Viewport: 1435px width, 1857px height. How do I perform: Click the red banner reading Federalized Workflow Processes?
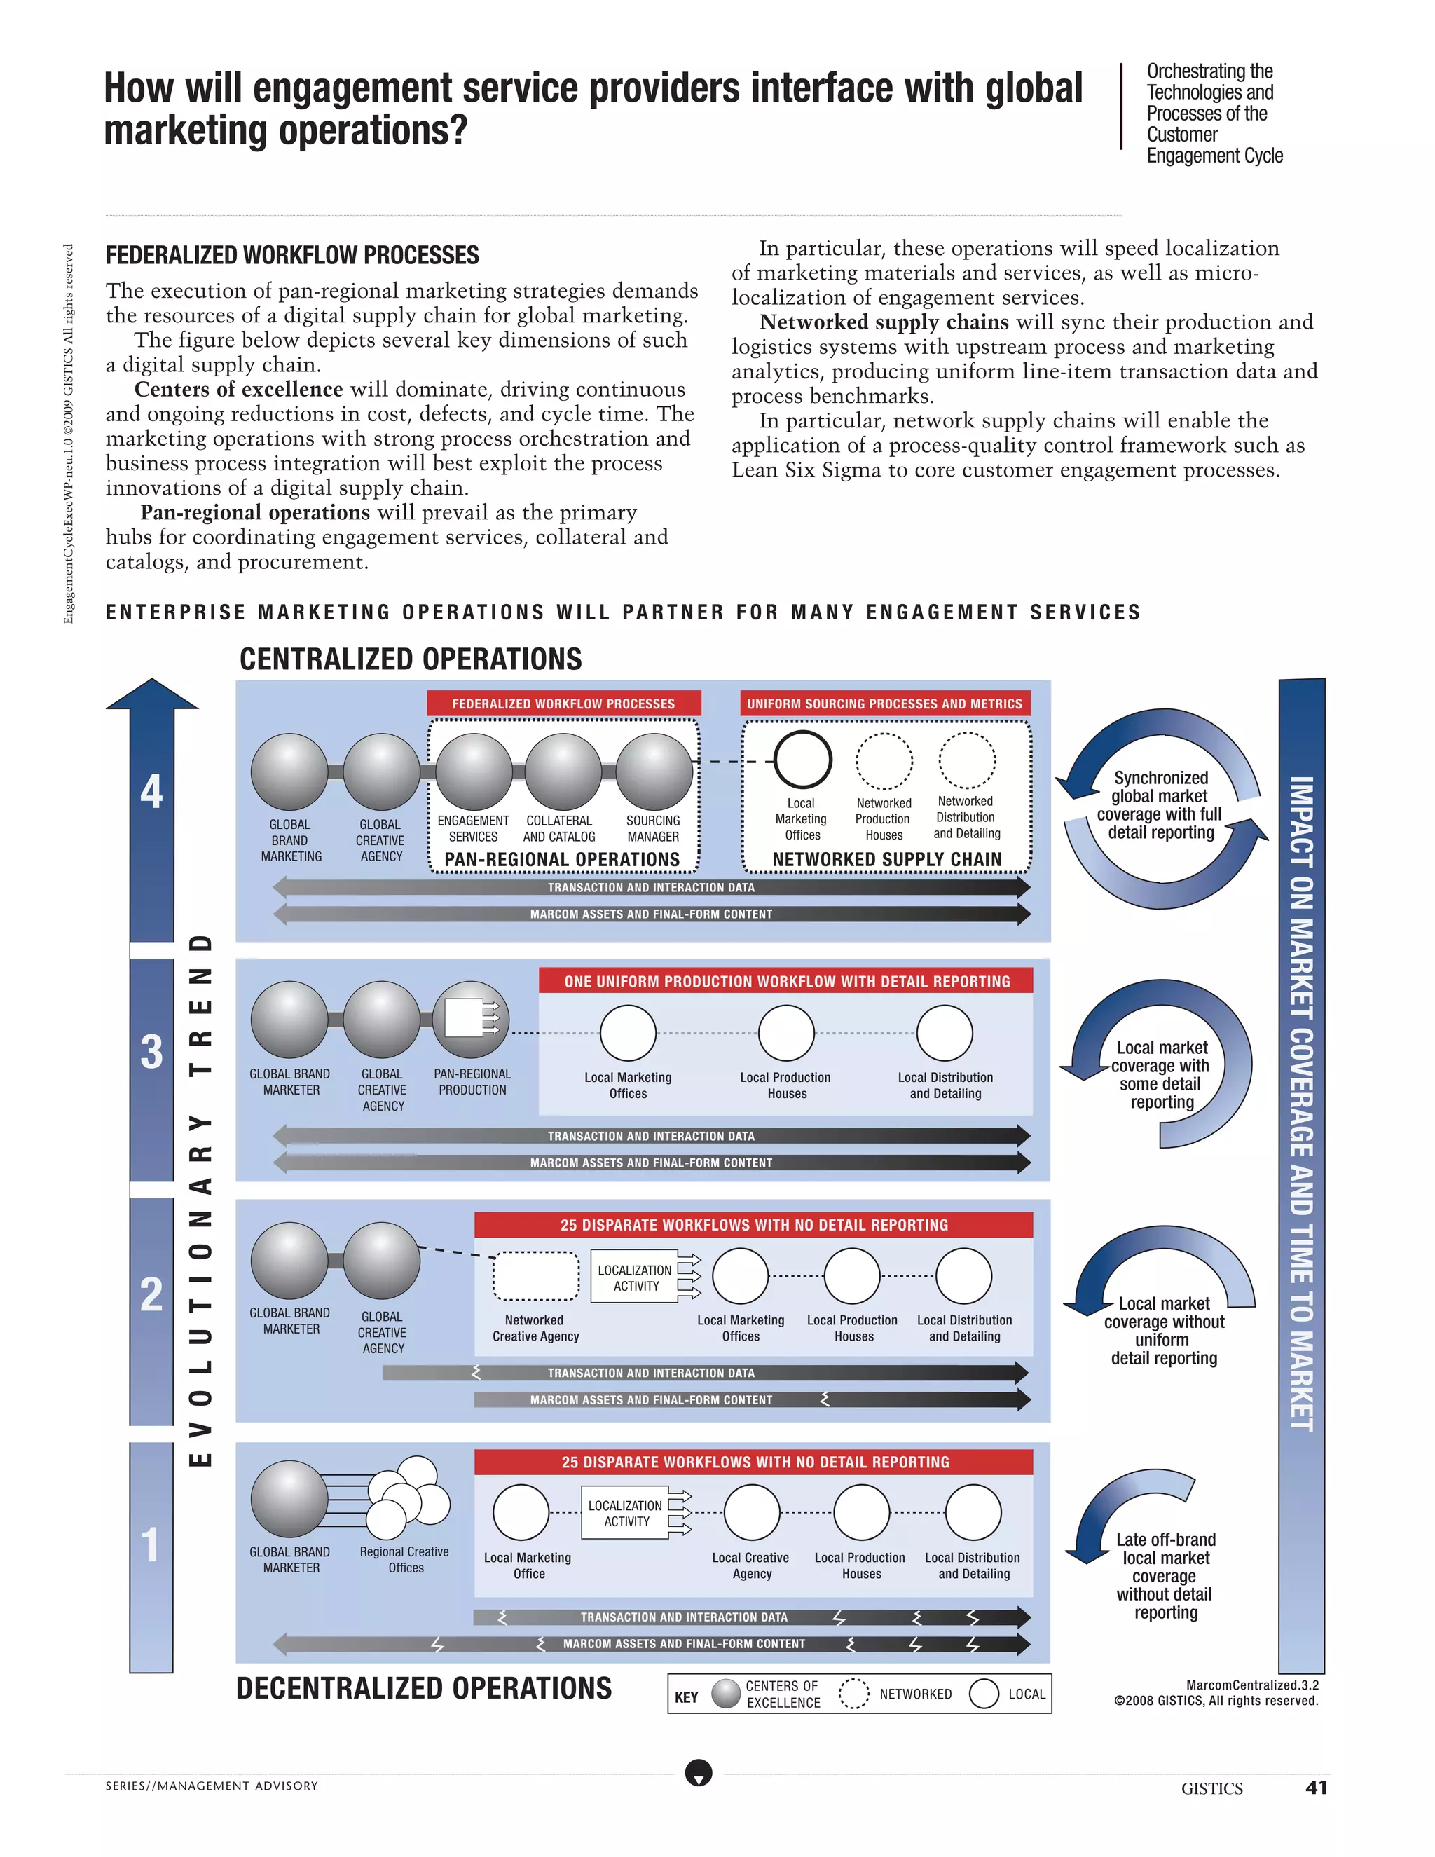point(563,703)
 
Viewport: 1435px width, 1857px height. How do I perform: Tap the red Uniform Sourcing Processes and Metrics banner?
point(884,703)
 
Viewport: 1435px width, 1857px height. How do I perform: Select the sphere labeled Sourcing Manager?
point(654,772)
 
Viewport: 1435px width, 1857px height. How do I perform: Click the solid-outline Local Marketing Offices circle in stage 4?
point(802,760)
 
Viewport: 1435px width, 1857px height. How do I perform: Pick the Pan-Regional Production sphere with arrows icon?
point(471,1019)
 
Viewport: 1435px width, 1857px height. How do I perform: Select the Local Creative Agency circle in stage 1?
point(752,1513)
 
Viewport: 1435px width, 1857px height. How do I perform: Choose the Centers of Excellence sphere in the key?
point(726,1693)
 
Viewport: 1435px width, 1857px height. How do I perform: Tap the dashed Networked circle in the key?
point(853,1693)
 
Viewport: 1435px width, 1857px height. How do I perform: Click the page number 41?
point(1316,1788)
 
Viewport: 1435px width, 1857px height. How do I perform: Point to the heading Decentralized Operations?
point(423,1688)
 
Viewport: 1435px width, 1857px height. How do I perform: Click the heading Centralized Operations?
point(411,659)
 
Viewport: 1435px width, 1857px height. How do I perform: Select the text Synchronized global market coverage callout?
point(1160,804)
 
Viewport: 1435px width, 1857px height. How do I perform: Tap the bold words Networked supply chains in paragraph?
point(884,322)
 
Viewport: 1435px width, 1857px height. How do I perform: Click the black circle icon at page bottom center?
point(699,1773)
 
